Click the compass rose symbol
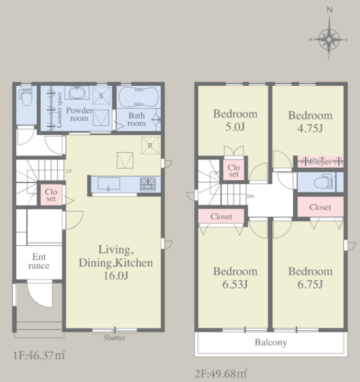[x=329, y=40]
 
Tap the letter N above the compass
[x=330, y=10]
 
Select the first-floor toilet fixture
[x=26, y=96]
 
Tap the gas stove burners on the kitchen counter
[x=148, y=184]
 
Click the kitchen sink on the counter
[x=109, y=184]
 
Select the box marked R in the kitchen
[x=150, y=145]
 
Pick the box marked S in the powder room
[x=101, y=95]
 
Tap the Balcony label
[x=271, y=343]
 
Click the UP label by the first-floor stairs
[x=69, y=171]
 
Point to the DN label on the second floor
[x=251, y=196]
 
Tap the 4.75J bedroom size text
[x=310, y=129]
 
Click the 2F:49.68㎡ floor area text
[x=221, y=374]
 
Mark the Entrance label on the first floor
[x=39, y=261]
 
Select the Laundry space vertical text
[x=59, y=110]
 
